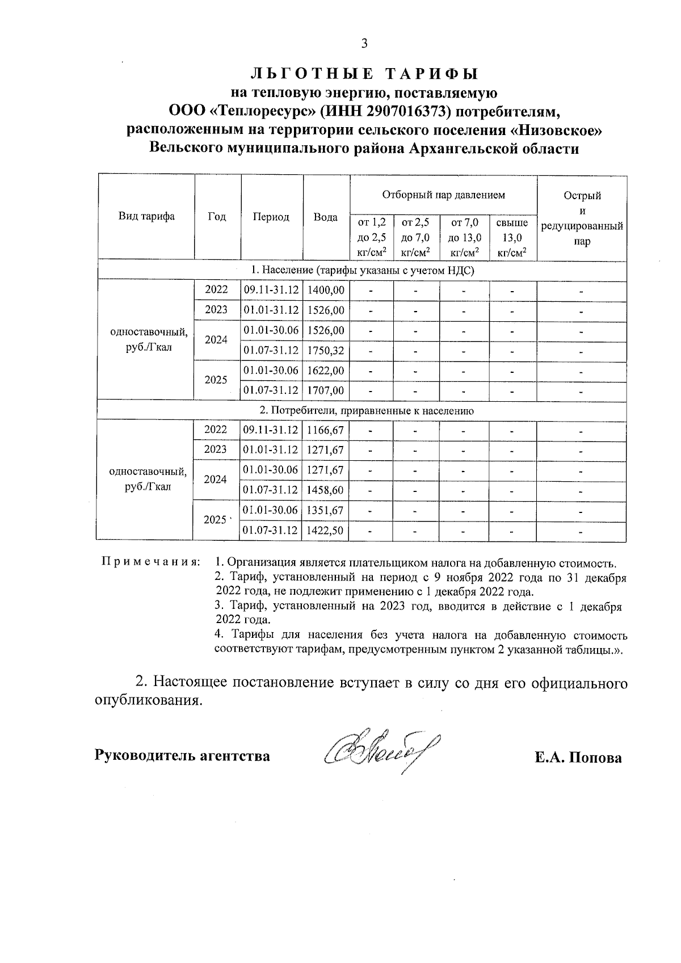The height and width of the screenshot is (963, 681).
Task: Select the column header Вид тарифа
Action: point(146,216)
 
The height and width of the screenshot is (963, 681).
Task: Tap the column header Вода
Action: point(326,217)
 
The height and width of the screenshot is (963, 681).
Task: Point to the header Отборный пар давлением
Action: point(443,195)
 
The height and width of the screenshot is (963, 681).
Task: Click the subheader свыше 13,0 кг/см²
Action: point(512,238)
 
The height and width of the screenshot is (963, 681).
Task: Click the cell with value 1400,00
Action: point(326,290)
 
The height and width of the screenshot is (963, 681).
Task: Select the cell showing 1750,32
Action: point(326,351)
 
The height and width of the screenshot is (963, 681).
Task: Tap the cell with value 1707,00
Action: point(326,390)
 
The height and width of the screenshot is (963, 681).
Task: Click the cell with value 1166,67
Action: point(326,430)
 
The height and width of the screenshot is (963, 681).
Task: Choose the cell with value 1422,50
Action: point(326,531)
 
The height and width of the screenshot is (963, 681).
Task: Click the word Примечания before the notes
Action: point(150,562)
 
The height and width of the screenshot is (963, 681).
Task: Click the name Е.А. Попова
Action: point(578,758)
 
